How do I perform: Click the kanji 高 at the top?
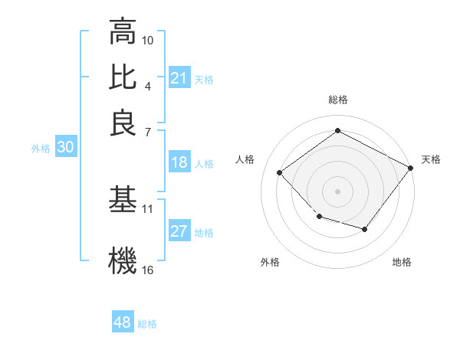click(x=123, y=32)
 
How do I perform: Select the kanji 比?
click(x=123, y=78)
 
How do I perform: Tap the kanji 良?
click(x=123, y=124)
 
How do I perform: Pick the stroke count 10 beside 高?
click(x=148, y=40)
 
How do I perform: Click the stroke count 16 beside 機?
click(x=148, y=270)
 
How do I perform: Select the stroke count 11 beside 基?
click(x=148, y=208)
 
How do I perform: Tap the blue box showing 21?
click(x=179, y=78)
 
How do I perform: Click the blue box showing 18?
click(x=179, y=162)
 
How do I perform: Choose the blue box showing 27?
click(x=179, y=231)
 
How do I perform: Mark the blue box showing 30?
click(x=65, y=148)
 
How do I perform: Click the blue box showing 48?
click(x=123, y=322)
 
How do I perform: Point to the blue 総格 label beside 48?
click(x=147, y=324)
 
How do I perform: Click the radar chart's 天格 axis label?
click(x=431, y=159)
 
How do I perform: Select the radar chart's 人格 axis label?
click(x=245, y=159)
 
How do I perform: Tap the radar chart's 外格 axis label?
click(x=270, y=262)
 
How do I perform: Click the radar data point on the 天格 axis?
click(x=411, y=169)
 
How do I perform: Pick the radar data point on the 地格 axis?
click(x=365, y=229)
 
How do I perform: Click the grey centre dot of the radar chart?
click(x=337, y=191)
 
